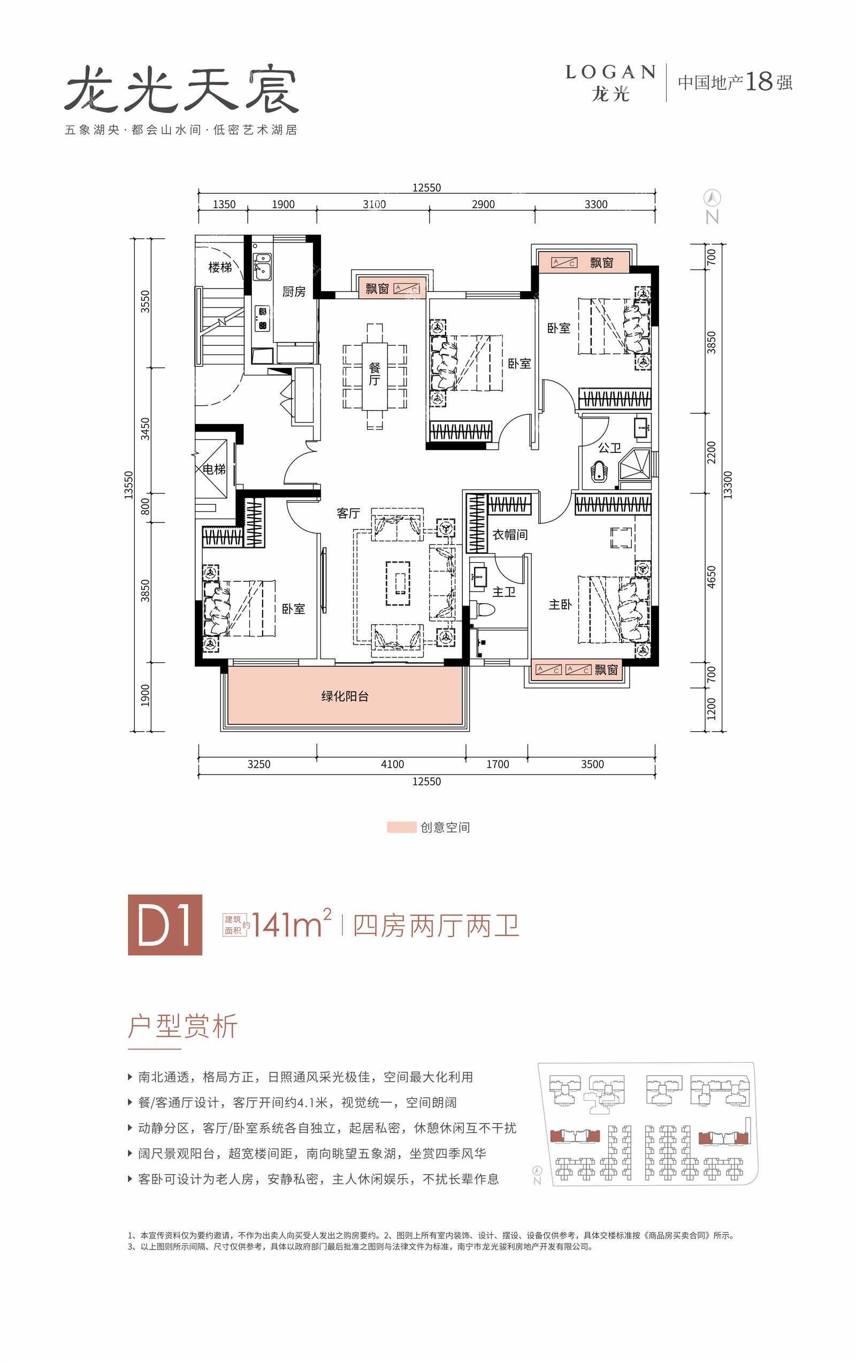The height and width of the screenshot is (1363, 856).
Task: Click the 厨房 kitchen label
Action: pos(294,292)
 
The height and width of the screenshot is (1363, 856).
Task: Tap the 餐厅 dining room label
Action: pos(374,374)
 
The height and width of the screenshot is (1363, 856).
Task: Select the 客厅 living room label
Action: pos(348,513)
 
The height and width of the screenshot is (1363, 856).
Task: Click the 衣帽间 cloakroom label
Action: pos(510,535)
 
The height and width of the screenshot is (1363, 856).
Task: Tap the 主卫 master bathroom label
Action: pos(503,592)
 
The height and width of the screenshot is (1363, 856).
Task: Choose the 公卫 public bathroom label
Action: pos(609,448)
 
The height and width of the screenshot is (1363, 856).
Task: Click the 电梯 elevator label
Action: pos(214,470)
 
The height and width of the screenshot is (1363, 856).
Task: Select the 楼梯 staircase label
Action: pos(220,267)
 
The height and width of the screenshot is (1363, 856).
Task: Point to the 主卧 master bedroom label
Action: pos(560,605)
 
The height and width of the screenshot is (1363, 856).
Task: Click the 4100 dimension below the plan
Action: pos(392,764)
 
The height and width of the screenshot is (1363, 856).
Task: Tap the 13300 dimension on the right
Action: pos(728,485)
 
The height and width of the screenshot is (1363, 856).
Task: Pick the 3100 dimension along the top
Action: pos(374,205)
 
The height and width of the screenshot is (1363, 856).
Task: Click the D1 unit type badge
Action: pos(165,925)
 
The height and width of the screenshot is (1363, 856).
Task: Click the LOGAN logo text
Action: pos(610,72)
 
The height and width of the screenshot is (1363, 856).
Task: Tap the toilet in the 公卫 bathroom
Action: pos(599,472)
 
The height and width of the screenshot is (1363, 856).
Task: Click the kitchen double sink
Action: pos(262,267)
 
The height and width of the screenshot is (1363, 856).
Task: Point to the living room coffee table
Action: pos(398,583)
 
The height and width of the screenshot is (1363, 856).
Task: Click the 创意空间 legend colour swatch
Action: pos(401,828)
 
